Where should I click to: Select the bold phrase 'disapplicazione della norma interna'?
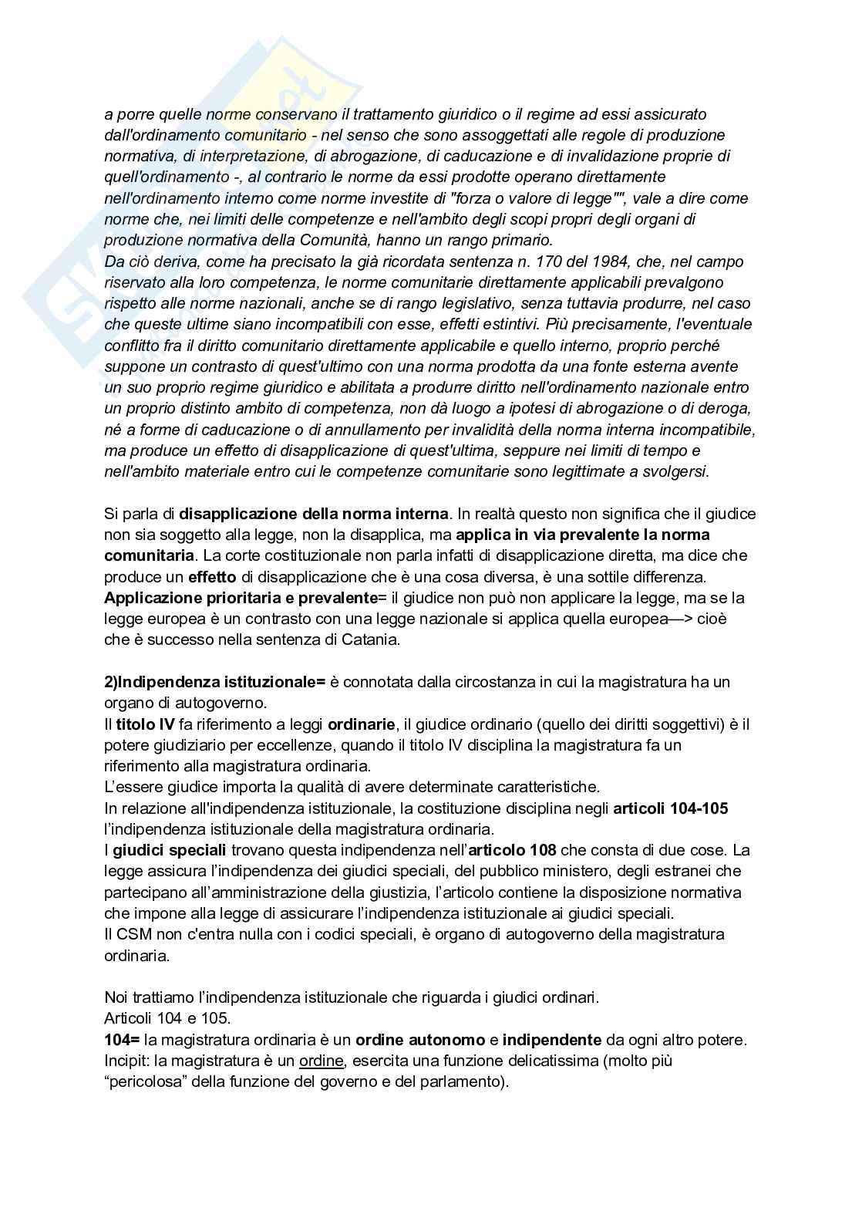[x=314, y=513]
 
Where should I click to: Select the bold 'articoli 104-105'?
[x=670, y=808]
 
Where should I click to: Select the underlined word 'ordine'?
[x=322, y=1061]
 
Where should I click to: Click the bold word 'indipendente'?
[x=552, y=1039]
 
